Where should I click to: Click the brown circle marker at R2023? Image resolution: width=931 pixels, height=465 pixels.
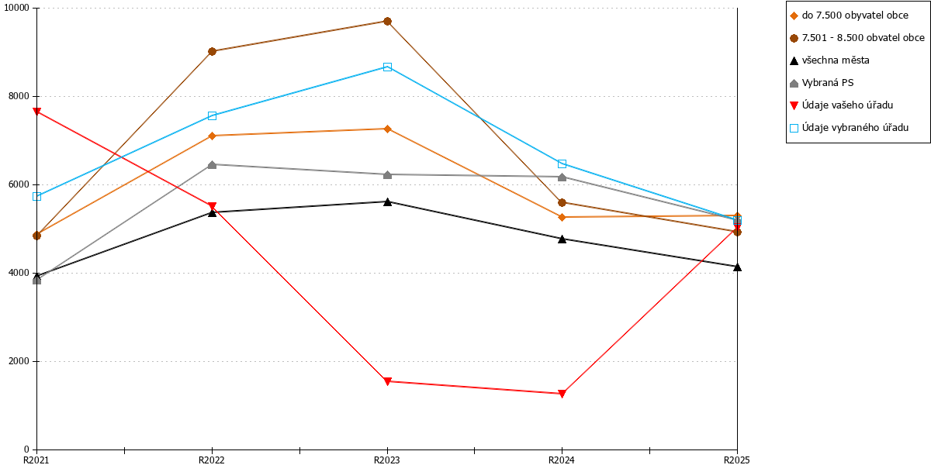click(x=387, y=21)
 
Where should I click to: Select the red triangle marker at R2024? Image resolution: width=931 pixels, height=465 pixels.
click(x=562, y=394)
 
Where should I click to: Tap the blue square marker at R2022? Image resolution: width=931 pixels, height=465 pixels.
click(x=212, y=115)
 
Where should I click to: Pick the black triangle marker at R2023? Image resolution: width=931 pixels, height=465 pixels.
click(x=387, y=201)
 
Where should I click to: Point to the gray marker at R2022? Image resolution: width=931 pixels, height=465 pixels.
click(x=212, y=165)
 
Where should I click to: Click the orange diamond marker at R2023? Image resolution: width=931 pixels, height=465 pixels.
click(x=387, y=129)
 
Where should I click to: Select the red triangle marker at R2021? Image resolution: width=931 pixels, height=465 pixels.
click(x=37, y=112)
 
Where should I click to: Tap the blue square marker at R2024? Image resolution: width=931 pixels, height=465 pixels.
click(x=562, y=164)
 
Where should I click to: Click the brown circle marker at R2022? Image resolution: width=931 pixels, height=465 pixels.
click(x=212, y=51)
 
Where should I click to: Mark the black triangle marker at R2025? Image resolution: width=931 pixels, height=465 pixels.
click(x=737, y=267)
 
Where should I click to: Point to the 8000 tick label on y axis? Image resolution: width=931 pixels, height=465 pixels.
click(x=19, y=96)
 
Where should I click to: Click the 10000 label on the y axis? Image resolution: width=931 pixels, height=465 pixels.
click(x=16, y=8)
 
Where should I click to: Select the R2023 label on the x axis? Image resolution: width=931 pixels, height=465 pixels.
click(x=387, y=460)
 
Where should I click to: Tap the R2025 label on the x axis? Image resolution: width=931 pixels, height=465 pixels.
click(x=737, y=460)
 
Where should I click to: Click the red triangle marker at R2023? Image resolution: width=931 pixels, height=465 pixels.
click(x=387, y=381)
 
